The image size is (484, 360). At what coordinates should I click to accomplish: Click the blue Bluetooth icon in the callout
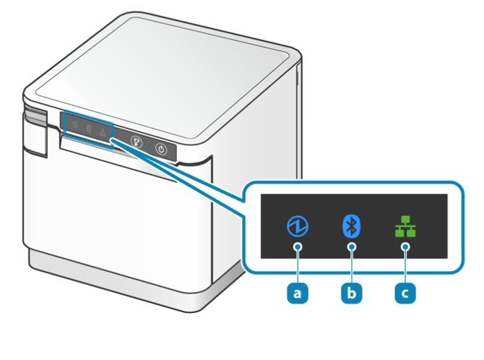(x=351, y=226)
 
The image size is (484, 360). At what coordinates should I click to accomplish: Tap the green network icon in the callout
(x=405, y=228)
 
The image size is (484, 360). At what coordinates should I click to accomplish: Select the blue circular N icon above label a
(x=297, y=226)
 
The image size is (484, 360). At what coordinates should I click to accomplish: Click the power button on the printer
(x=161, y=150)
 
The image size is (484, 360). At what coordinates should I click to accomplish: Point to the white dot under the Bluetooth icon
(x=351, y=247)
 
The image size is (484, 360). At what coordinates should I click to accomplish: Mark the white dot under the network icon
(x=405, y=247)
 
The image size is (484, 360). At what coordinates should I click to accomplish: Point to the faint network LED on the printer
(x=103, y=132)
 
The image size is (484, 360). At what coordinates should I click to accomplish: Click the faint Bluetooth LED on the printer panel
(x=89, y=128)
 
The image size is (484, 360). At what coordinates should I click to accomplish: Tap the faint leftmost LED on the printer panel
(x=75, y=124)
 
